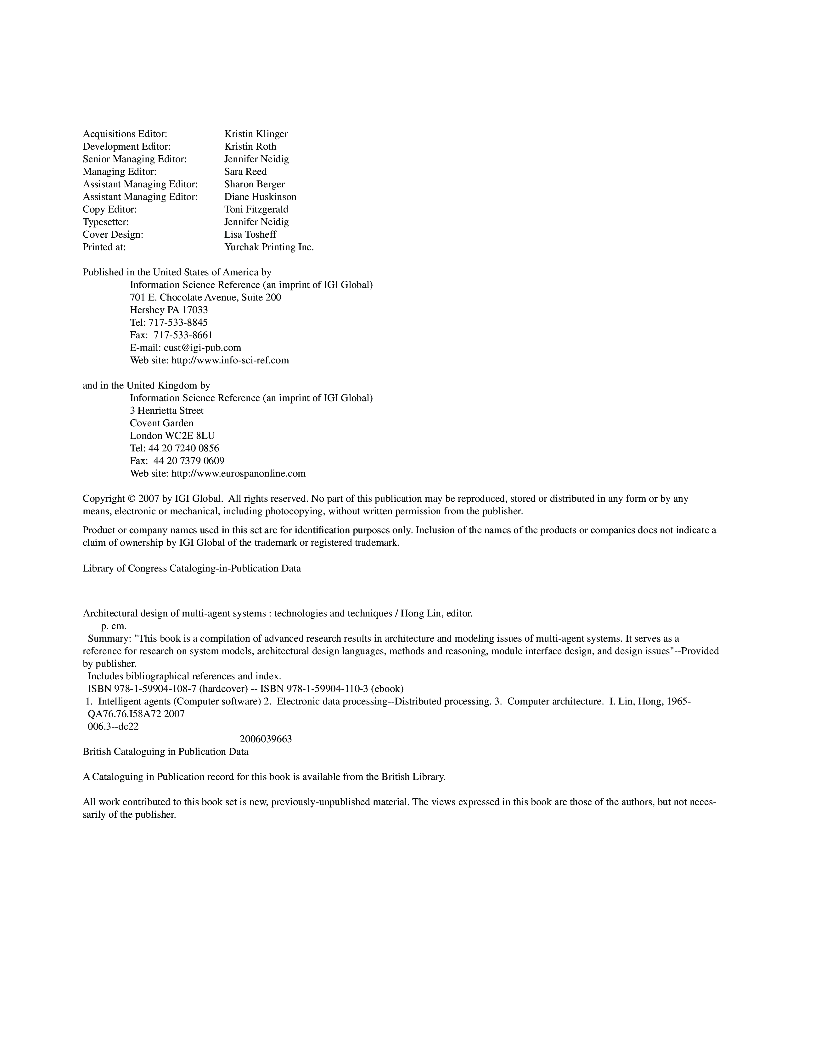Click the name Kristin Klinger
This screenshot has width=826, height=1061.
256,134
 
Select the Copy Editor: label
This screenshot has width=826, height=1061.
110,209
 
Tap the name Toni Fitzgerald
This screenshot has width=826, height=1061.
256,209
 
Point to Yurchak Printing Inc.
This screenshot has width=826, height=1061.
269,247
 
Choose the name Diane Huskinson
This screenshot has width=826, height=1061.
260,197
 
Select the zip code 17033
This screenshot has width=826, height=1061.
195,310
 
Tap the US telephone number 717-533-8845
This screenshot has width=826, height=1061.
178,323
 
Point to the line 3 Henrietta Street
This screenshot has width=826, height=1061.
167,411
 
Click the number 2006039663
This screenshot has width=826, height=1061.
266,739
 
